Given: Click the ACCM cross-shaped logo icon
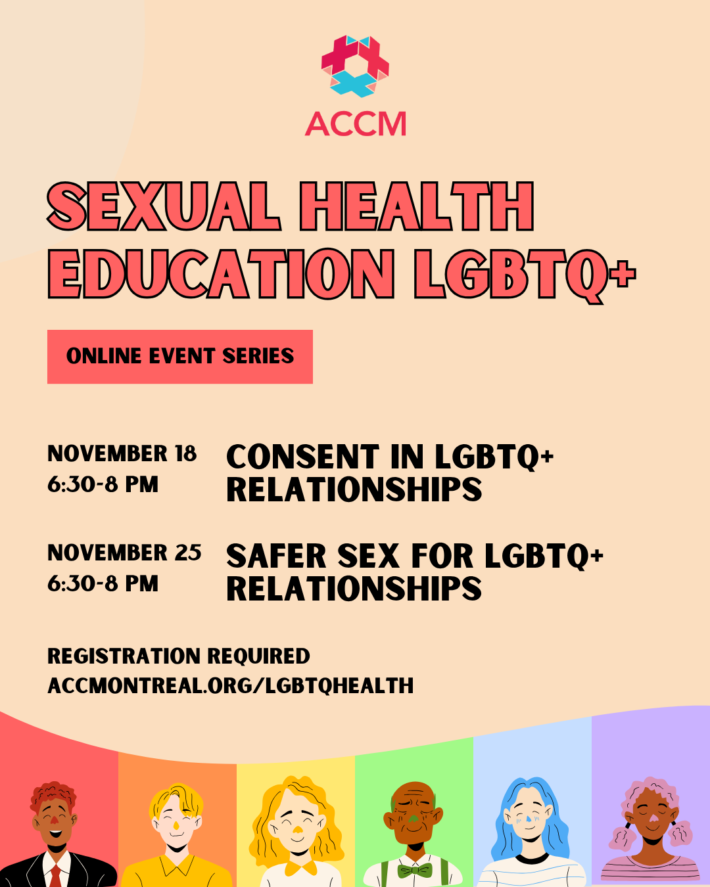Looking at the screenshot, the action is [x=355, y=66].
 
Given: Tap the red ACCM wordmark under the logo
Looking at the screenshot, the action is [x=356, y=124].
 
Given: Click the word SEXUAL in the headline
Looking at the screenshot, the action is [x=164, y=206].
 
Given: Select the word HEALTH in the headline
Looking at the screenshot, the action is [x=417, y=206].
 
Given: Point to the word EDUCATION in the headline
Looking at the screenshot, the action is [x=221, y=274].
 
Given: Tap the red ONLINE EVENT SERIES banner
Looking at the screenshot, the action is [x=180, y=357].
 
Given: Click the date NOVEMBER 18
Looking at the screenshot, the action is [x=122, y=453].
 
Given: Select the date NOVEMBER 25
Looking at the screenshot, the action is [x=124, y=553].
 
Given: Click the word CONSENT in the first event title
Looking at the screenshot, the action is [x=303, y=457].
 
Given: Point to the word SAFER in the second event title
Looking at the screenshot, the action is [x=276, y=556].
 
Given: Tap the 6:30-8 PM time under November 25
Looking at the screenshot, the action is [x=103, y=583].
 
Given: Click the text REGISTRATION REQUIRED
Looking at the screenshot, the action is [x=179, y=656].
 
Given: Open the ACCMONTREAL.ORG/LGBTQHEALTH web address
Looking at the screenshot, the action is [x=231, y=686].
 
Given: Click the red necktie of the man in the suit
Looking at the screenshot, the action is [x=56, y=875].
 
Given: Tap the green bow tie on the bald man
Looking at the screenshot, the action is [x=415, y=870].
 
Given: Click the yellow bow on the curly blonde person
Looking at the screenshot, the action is [x=300, y=867].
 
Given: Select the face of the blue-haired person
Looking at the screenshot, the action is [x=531, y=817].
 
